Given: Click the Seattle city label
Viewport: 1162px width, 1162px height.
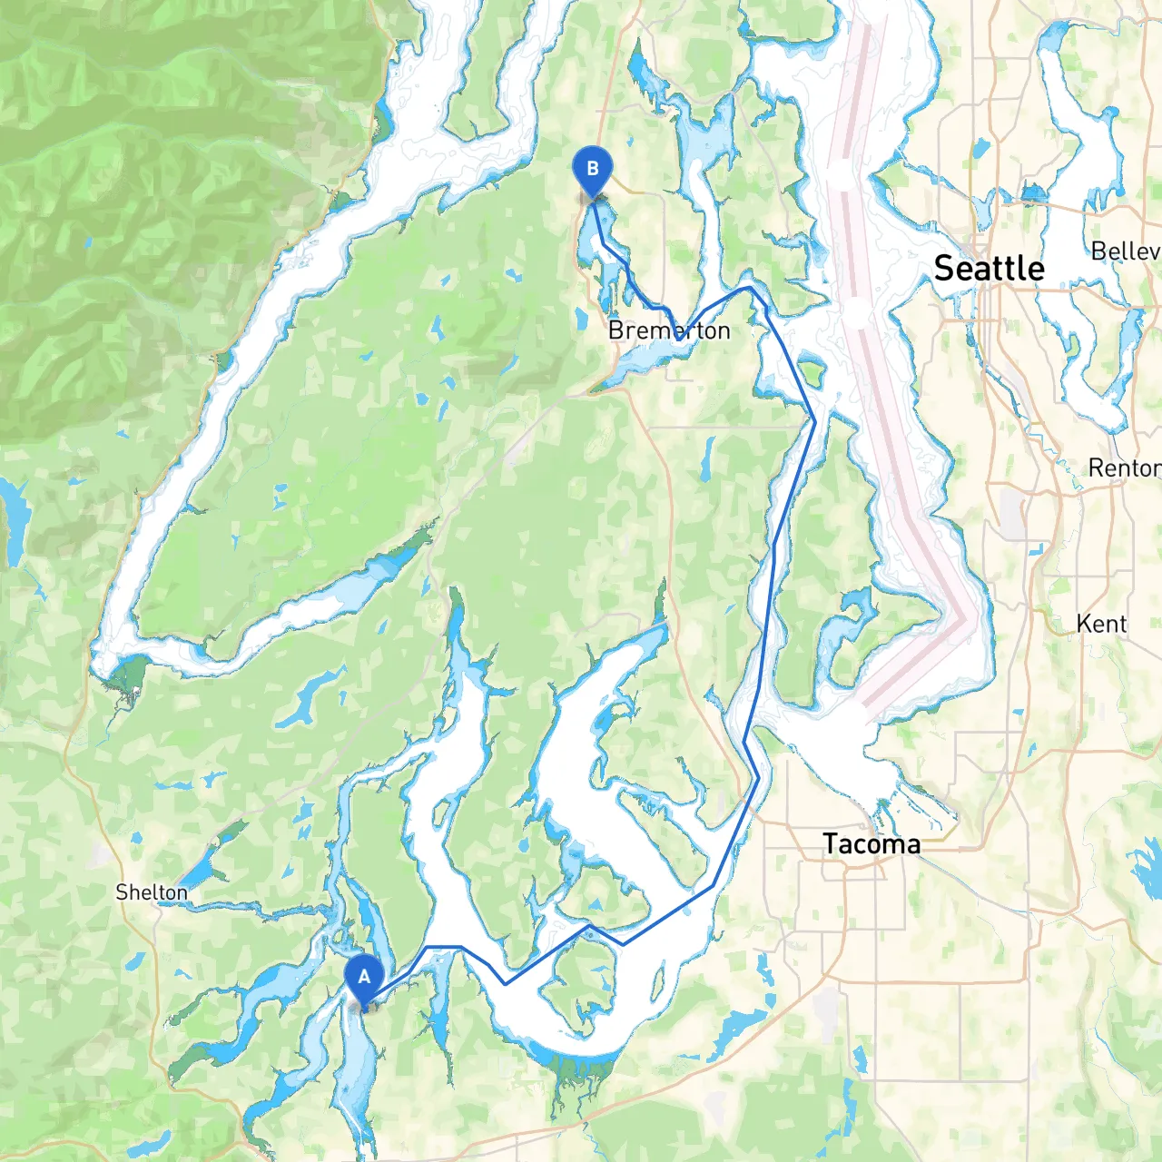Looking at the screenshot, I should point(989,269).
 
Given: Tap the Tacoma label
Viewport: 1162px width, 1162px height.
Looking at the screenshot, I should point(871,844).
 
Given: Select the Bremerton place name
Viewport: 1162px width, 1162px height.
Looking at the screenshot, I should point(669,330).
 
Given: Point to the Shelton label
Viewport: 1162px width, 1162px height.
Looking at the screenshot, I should point(152,892).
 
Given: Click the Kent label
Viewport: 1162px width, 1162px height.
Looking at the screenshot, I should point(1101,624).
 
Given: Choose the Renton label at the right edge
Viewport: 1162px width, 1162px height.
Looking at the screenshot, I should point(1124,468).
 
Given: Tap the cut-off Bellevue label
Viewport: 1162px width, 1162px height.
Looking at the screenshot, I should point(1126,251).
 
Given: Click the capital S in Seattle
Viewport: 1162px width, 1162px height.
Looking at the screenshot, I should point(945,269).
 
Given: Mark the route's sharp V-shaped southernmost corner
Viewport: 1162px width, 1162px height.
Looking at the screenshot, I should point(506,983).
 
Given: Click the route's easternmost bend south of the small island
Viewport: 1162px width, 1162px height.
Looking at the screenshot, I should point(814,422).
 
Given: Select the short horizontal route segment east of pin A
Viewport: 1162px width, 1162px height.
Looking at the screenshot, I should point(444,947).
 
